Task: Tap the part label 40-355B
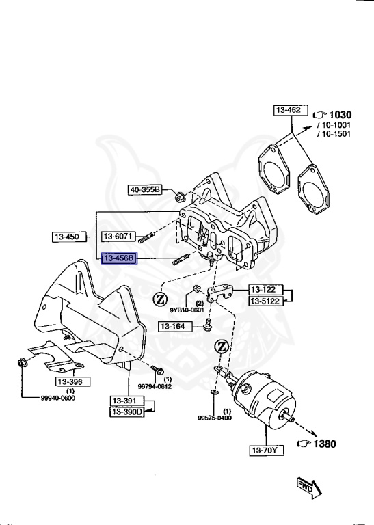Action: point(144,189)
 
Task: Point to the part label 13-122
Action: point(265,289)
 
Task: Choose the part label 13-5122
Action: point(265,301)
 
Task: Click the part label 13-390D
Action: point(128,412)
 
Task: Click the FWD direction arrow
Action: point(308,487)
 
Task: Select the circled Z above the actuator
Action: point(222,347)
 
